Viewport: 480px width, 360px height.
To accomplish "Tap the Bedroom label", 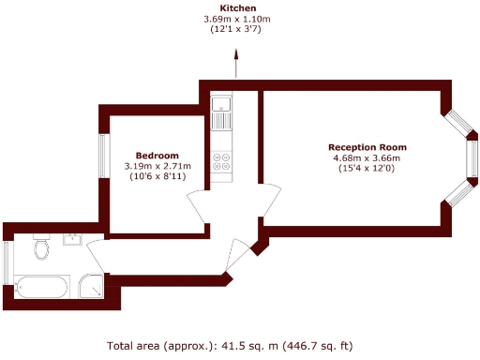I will pyautogui.click(x=157, y=156).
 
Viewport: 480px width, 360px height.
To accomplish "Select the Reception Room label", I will pyautogui.click(x=367, y=147).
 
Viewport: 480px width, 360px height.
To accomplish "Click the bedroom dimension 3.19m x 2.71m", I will pyautogui.click(x=157, y=167).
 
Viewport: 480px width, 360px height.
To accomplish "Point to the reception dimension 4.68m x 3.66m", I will pyautogui.click(x=367, y=158).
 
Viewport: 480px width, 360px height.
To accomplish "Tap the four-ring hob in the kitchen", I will pyautogui.click(x=223, y=161).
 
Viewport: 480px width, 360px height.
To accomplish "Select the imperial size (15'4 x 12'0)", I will pyautogui.click(x=367, y=170).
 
